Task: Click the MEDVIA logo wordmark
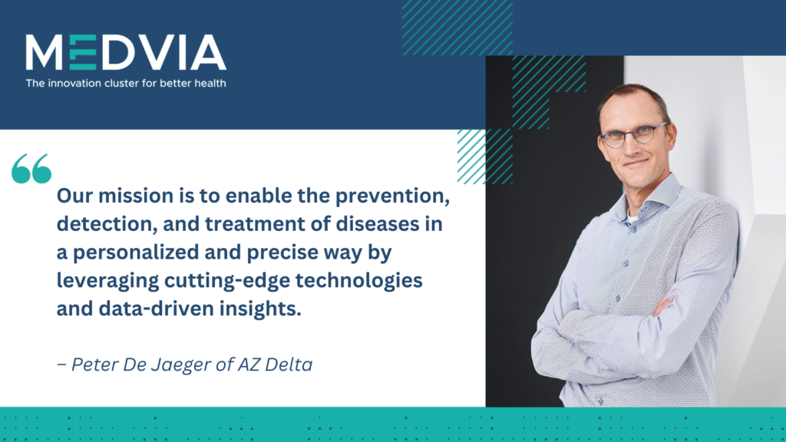pyautogui.click(x=125, y=53)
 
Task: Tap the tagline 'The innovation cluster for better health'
pyautogui.click(x=126, y=83)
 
